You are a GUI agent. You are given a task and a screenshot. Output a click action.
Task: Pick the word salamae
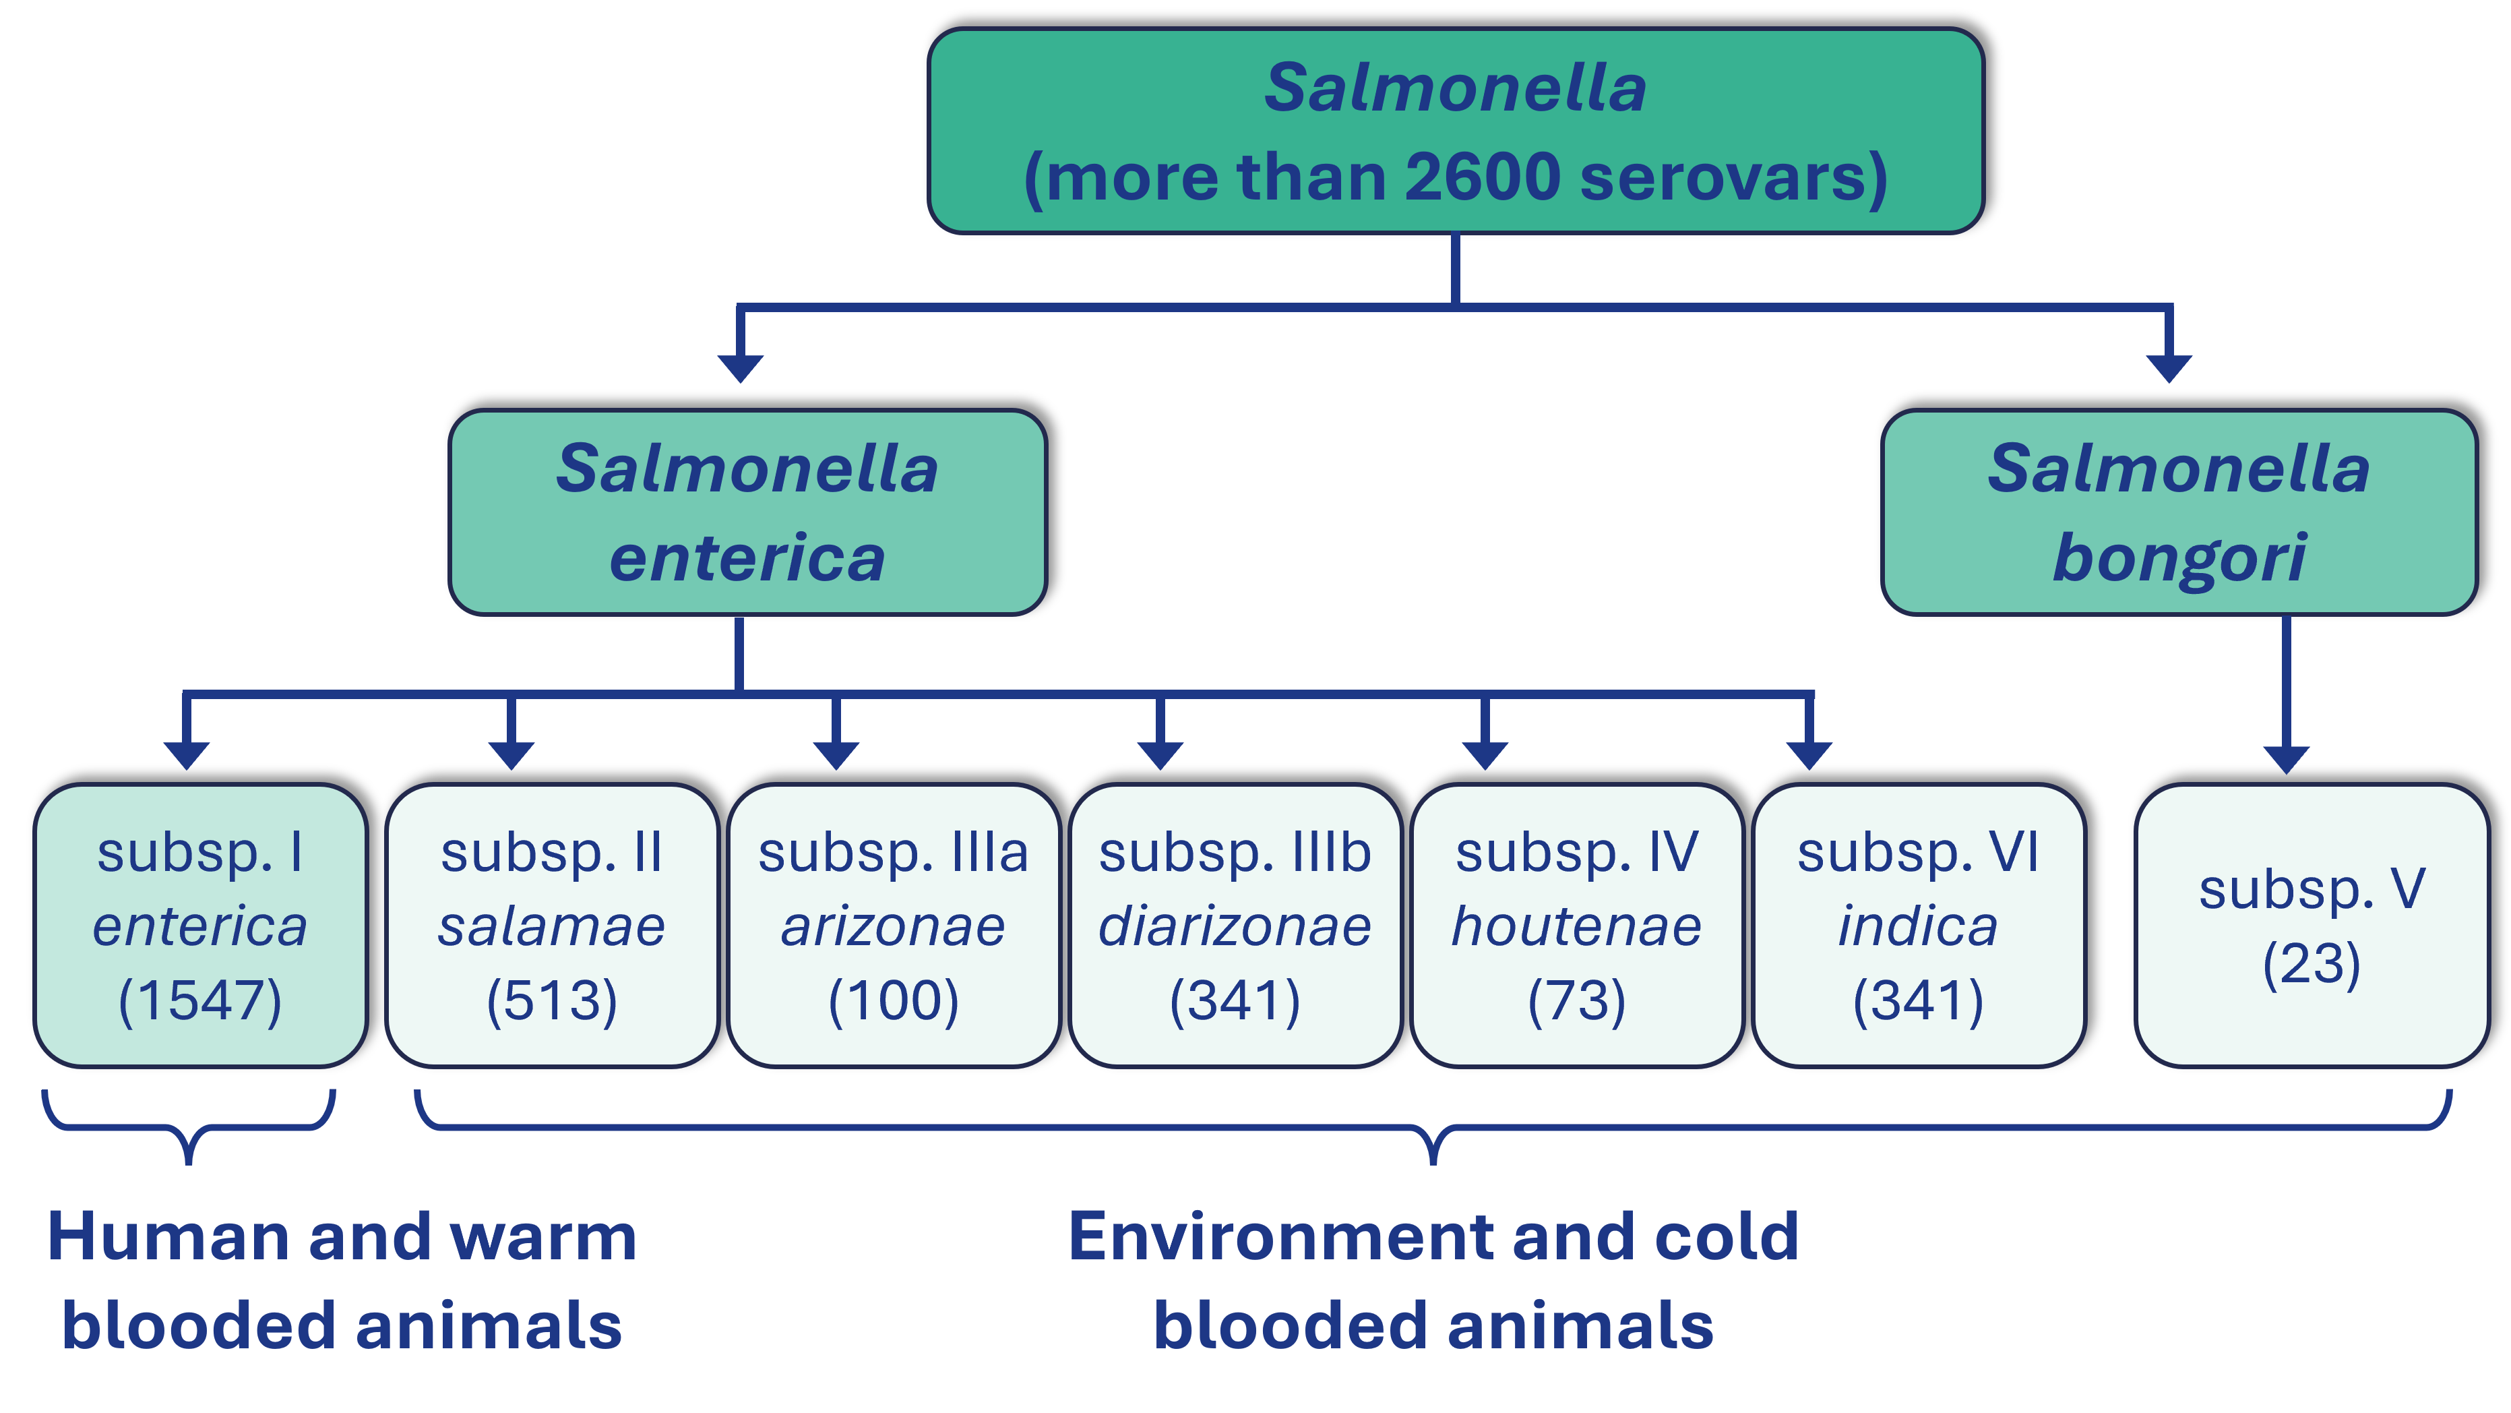tap(552, 926)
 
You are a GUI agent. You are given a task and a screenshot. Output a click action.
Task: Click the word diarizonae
tap(1235, 926)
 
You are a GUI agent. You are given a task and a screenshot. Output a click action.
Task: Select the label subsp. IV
tap(1576, 852)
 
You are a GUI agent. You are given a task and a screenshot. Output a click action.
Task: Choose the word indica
tap(1917, 926)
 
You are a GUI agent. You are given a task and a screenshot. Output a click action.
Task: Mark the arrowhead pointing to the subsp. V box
tap(2286, 758)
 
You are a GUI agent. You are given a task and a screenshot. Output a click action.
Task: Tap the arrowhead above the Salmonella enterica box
tap(740, 367)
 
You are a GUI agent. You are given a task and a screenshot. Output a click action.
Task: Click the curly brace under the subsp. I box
tap(188, 1131)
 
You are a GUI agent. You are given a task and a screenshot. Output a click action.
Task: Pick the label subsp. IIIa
tap(893, 852)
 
